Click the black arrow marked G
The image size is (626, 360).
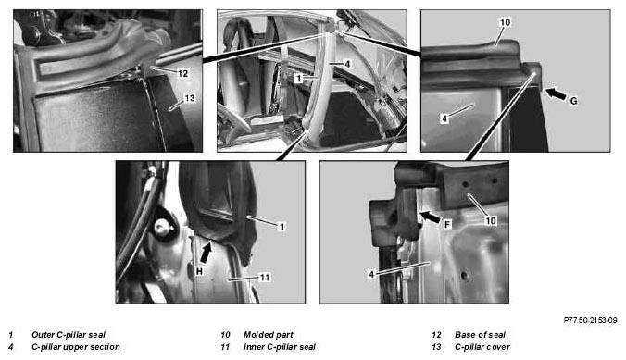(x=556, y=94)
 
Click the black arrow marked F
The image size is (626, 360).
(x=431, y=217)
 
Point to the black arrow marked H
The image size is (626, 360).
(x=206, y=253)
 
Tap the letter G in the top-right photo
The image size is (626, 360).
(x=574, y=102)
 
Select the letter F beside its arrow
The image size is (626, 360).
(x=447, y=225)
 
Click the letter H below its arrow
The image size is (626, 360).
(x=200, y=271)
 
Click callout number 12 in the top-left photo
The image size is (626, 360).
(x=182, y=73)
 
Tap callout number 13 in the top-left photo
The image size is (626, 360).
(x=190, y=98)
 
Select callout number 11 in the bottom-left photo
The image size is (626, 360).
(x=265, y=277)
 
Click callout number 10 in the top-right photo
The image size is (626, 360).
(x=505, y=22)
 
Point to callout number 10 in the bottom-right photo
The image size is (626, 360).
(x=491, y=220)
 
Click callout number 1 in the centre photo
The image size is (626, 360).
(x=298, y=79)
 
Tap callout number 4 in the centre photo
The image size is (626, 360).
(x=347, y=64)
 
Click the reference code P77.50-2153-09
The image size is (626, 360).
(x=590, y=320)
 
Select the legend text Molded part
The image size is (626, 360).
(x=269, y=335)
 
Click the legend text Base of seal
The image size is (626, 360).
(x=480, y=335)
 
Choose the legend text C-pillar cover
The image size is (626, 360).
(x=482, y=347)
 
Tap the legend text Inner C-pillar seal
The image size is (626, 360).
(x=280, y=347)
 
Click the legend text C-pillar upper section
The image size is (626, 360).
(x=76, y=347)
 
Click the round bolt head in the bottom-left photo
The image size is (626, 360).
(x=162, y=228)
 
